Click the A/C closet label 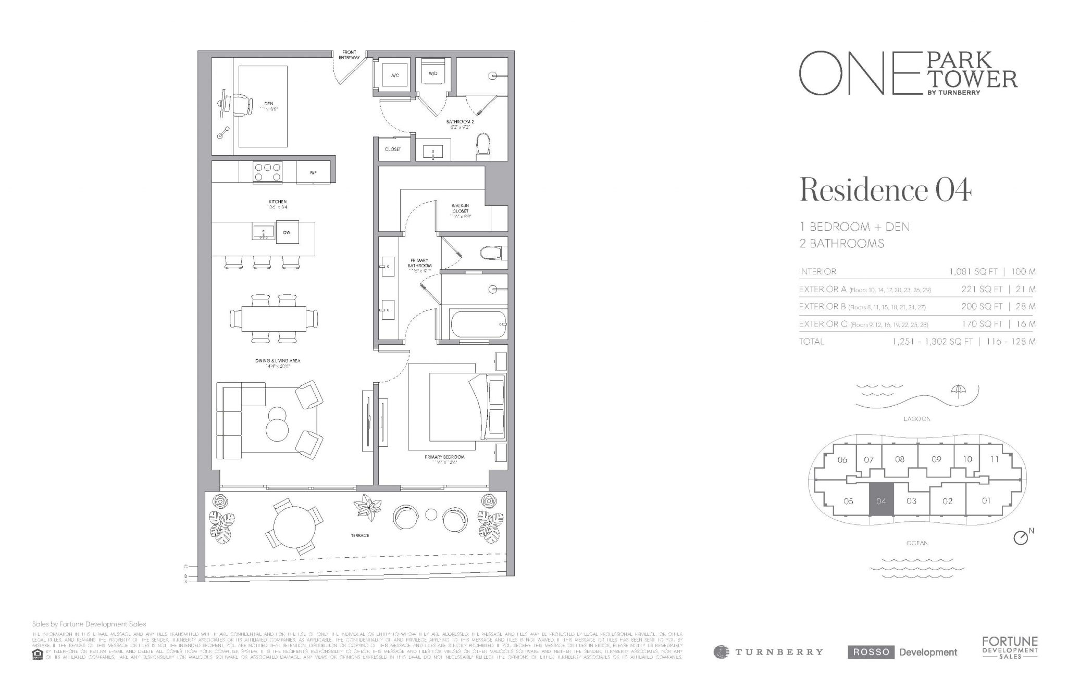394,76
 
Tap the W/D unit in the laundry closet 433,73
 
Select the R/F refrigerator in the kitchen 313,172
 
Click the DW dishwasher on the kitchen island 287,233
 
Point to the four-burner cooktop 268,172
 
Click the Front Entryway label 349,55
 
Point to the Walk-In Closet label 461,209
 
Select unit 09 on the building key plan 936,459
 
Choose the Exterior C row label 823,324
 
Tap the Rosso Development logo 902,652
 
